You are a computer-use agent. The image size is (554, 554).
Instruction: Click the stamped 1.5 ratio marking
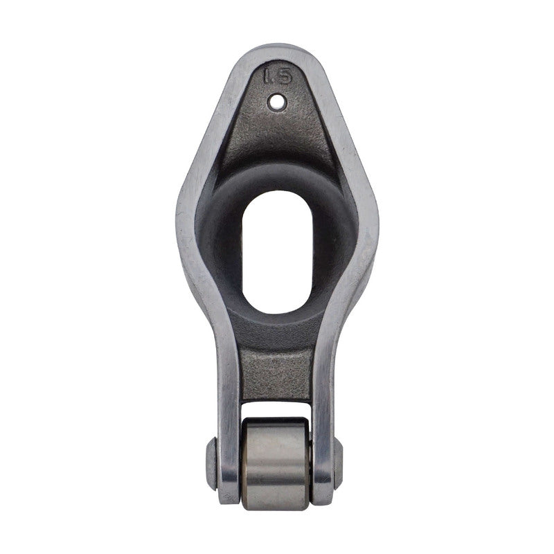coord(278,75)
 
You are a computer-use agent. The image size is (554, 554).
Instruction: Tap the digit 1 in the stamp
coord(267,76)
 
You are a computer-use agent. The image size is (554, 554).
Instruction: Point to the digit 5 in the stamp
coord(285,75)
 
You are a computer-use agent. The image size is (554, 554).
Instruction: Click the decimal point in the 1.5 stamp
coord(274,81)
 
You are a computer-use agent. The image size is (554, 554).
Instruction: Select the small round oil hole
coord(276,102)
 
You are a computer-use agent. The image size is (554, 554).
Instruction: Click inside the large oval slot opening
coord(277,251)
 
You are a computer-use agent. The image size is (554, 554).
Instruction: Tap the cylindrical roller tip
coord(276,464)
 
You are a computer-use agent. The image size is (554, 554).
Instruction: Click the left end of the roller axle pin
coord(211,463)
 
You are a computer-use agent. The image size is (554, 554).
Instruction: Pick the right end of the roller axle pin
coord(338,463)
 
